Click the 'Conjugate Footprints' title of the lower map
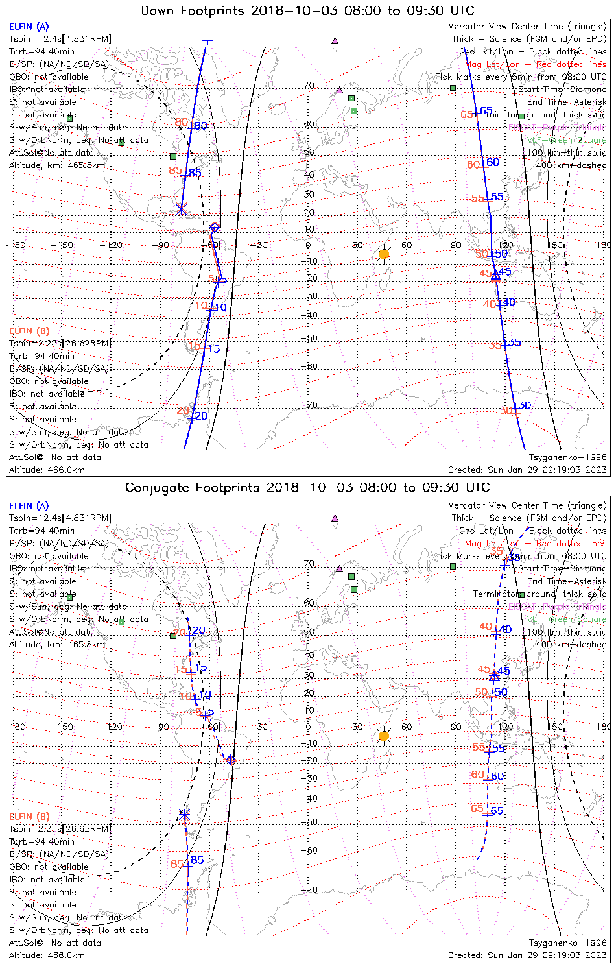point(194,487)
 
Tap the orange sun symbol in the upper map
point(383,254)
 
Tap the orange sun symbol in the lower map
point(383,736)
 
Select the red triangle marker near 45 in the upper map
point(495,276)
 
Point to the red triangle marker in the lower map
point(494,676)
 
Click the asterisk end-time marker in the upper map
point(182,209)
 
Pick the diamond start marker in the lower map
point(230,760)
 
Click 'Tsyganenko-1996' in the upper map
point(567,457)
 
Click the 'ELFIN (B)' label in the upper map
point(29,331)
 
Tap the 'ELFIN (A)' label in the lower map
point(29,505)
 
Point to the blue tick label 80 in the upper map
point(201,126)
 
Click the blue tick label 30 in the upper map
point(525,405)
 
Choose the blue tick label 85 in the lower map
point(197,860)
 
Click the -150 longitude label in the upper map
point(65,245)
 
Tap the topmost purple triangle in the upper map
point(335,40)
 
